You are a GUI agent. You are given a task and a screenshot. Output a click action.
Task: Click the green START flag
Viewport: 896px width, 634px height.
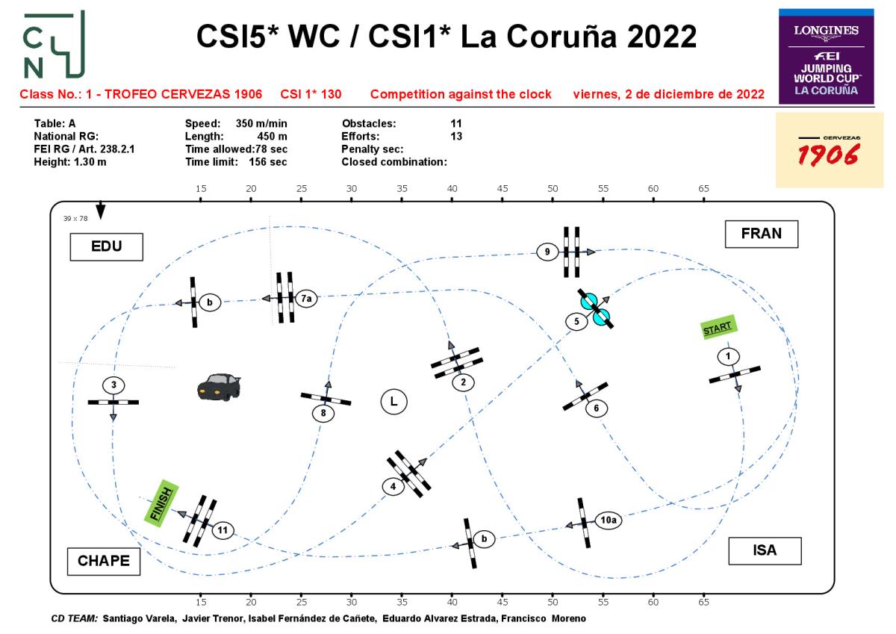point(718,328)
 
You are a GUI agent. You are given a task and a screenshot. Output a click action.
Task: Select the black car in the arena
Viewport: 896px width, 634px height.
point(219,386)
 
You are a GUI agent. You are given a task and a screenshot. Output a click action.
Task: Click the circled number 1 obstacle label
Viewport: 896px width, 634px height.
point(728,356)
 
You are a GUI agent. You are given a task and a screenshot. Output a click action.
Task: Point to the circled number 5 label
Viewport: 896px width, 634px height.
point(577,322)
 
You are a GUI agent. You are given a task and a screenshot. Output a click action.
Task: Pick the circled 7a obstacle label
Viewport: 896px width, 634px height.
point(305,299)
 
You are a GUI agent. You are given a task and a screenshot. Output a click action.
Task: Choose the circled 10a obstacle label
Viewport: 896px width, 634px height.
point(608,519)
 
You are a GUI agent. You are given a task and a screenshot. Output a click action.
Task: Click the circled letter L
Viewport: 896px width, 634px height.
point(393,401)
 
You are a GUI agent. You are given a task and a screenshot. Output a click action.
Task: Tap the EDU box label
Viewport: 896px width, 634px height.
point(106,246)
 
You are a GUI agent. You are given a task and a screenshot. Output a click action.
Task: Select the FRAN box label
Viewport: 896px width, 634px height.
point(762,234)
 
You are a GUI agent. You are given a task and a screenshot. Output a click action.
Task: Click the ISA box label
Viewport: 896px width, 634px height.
point(765,550)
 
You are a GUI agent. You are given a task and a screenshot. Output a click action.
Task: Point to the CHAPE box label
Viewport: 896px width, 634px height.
point(104,561)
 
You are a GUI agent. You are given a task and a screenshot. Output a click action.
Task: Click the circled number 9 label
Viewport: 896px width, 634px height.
point(547,252)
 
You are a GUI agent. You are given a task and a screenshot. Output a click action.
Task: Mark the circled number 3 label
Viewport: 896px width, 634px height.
point(113,385)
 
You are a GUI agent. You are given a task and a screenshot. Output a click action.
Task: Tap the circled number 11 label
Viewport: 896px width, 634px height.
point(223,530)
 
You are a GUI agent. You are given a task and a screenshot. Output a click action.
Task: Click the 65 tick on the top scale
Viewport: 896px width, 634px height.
point(703,189)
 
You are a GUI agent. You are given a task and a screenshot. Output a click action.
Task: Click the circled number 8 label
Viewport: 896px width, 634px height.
point(323,412)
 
